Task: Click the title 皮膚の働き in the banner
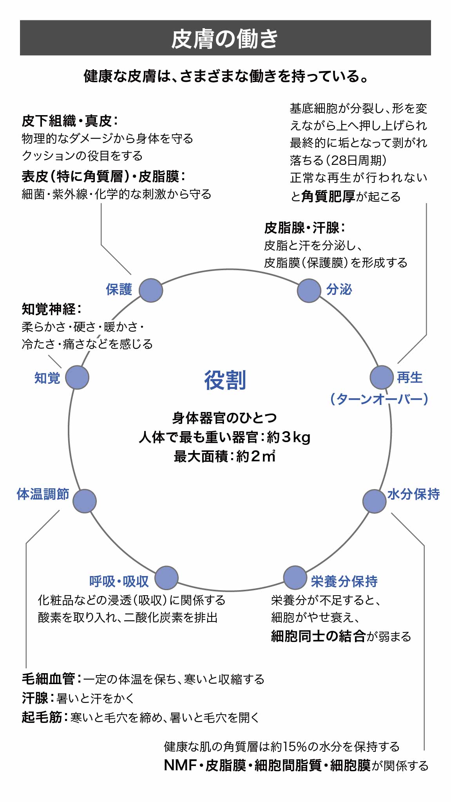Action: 225,38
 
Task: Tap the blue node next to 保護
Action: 151,290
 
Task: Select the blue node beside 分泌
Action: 309,291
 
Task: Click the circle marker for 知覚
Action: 77,378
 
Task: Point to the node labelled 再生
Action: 382,378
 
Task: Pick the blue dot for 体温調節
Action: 85,501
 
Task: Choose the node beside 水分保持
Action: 374,501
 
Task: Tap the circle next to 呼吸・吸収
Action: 167,578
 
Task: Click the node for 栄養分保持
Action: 295,578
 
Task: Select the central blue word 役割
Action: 225,380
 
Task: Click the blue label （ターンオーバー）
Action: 379,399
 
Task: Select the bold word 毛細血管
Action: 49,679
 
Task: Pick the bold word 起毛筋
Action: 42,717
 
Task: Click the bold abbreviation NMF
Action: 180,765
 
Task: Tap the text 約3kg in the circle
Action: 289,437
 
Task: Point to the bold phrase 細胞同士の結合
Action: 318,636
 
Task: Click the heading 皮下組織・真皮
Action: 67,121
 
